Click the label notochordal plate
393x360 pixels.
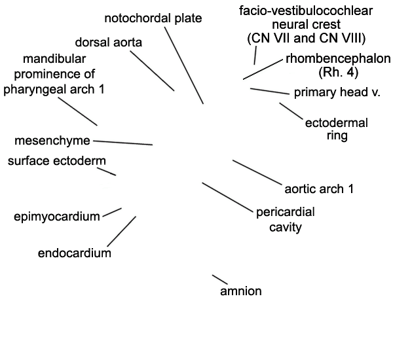point(153,18)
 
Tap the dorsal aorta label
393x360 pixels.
point(109,43)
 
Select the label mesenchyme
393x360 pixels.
point(52,141)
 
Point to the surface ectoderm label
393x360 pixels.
point(57,160)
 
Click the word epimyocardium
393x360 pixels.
point(57,217)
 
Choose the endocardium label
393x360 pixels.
point(75,253)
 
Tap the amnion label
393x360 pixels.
point(241,291)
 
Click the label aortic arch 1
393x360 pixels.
point(319,189)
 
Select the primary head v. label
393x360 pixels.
point(337,92)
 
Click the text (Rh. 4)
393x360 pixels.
point(339,72)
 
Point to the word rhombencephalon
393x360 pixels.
point(338,59)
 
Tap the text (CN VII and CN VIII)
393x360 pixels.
point(307,39)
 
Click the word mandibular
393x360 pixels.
point(54,59)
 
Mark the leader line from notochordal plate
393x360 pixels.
point(184,65)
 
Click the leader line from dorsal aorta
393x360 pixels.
point(152,71)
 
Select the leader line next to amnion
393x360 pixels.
point(220,279)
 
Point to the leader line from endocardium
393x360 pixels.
point(122,232)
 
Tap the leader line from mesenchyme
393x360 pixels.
point(123,143)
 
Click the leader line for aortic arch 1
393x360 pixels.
point(257,172)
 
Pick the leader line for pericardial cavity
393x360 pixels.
point(227,198)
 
